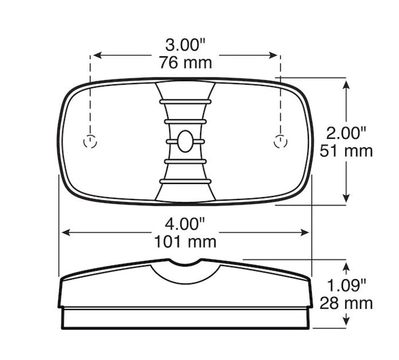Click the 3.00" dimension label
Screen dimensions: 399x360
[x=185, y=45]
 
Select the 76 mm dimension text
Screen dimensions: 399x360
[x=186, y=62]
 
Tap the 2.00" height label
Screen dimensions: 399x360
[x=346, y=133]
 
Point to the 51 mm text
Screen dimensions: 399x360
[x=346, y=151]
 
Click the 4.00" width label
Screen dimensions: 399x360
[x=185, y=224]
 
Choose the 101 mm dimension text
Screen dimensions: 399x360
[x=185, y=242]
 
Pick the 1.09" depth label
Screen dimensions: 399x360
[x=346, y=285]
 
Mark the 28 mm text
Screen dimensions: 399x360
[x=346, y=303]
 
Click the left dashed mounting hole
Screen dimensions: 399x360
[x=90, y=142]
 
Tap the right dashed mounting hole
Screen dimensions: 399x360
[x=280, y=142]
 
